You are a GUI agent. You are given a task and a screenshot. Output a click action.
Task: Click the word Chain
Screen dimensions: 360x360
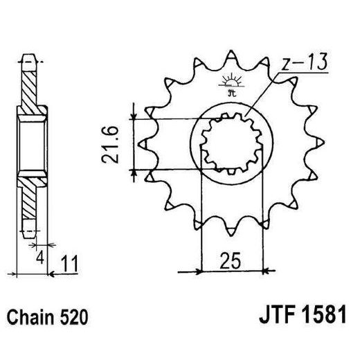[x=28, y=318]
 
